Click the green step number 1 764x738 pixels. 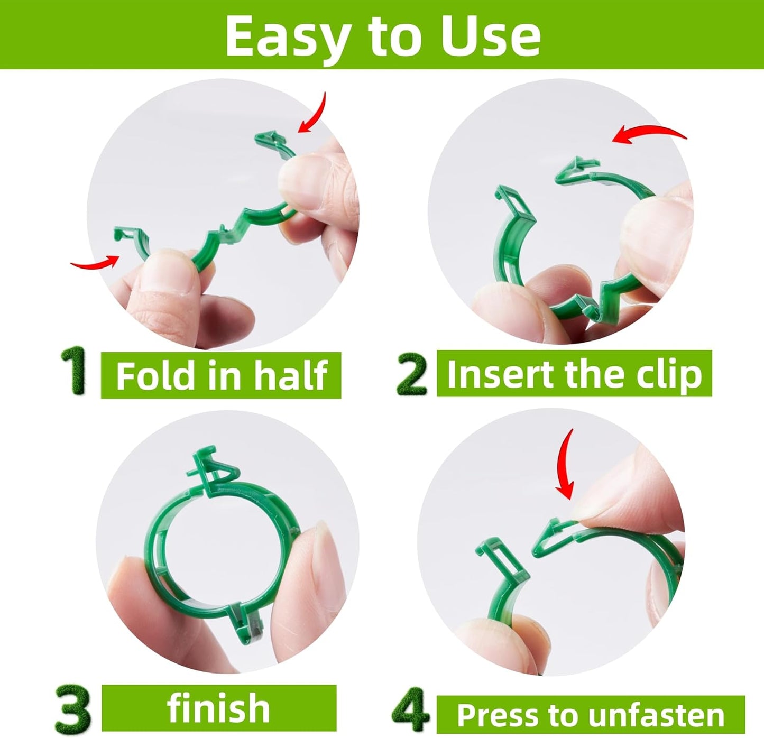[74, 371]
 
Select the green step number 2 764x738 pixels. [412, 374]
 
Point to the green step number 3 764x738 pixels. [73, 708]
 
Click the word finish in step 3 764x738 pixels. [218, 708]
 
